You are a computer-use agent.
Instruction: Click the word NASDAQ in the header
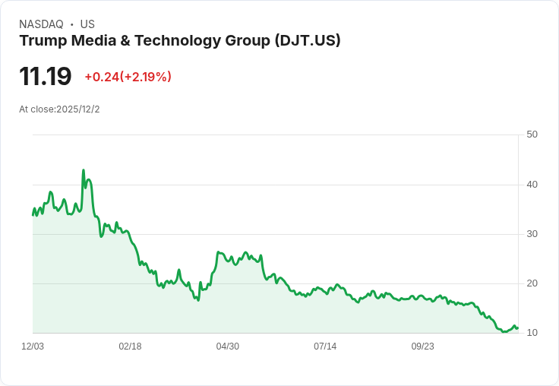(x=41, y=24)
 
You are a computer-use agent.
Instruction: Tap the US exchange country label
(x=87, y=24)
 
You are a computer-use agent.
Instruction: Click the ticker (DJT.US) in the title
(x=307, y=41)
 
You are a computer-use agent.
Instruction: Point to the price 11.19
(x=46, y=76)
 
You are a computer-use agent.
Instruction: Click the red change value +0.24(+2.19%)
(x=128, y=77)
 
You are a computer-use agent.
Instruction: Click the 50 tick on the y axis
(x=532, y=134)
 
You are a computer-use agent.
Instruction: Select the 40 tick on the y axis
(x=532, y=184)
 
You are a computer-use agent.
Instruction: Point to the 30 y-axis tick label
(x=532, y=233)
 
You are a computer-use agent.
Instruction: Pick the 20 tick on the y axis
(x=532, y=283)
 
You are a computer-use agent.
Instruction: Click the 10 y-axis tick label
(x=532, y=333)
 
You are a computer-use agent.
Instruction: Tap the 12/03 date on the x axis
(x=33, y=346)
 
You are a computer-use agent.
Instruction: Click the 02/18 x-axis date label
(x=130, y=346)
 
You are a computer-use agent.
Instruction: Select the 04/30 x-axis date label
(x=228, y=346)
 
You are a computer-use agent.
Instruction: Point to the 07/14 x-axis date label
(x=325, y=346)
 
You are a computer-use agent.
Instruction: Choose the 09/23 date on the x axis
(x=423, y=346)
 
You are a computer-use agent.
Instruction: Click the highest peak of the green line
(x=83, y=170)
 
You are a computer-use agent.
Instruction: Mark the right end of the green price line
(x=517, y=327)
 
